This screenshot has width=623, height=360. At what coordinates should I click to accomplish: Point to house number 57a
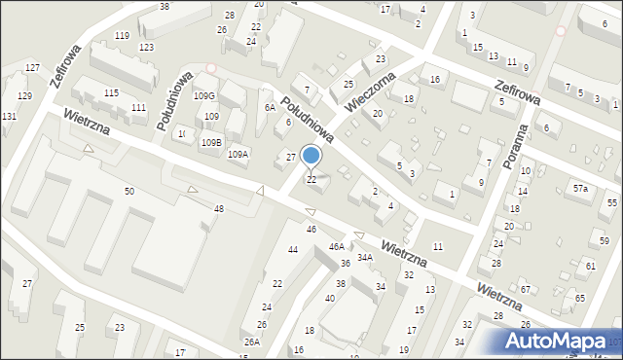(580, 188)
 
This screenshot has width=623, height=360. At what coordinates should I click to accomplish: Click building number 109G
(203, 96)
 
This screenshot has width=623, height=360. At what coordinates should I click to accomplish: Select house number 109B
(211, 143)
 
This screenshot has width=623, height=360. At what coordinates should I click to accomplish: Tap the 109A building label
(238, 154)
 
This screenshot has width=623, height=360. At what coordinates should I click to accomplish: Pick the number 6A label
(270, 108)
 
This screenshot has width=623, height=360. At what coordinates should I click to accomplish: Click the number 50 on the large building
(129, 192)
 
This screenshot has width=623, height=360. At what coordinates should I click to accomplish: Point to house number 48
(219, 209)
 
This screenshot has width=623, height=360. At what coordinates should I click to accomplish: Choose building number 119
(122, 35)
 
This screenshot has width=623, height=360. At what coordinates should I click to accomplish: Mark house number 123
(146, 47)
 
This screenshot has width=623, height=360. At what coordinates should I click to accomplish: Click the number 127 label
(32, 68)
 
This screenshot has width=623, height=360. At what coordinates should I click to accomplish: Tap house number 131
(9, 117)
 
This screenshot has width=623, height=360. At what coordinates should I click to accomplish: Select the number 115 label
(112, 92)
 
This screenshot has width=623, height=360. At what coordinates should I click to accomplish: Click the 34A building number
(364, 258)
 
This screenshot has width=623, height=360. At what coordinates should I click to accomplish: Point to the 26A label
(252, 342)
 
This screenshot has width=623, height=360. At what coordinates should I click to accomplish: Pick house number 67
(525, 289)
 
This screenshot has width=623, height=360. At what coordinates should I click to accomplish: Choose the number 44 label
(292, 250)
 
